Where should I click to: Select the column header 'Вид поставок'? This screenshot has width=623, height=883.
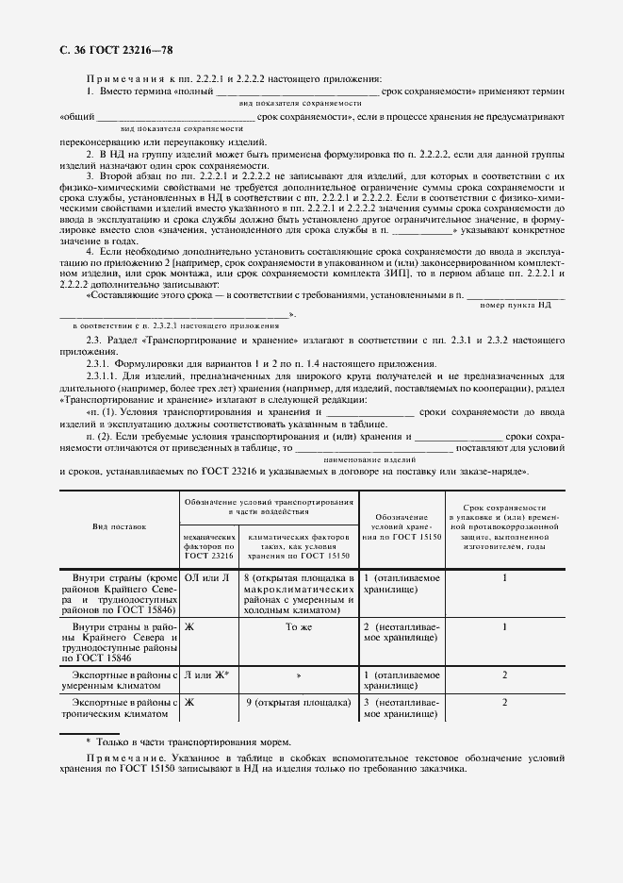pos(119,526)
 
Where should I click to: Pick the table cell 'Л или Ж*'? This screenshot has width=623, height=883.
pos(206,675)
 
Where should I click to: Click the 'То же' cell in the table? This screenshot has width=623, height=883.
pos(297,625)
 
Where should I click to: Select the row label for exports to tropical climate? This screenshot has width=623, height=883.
pos(119,708)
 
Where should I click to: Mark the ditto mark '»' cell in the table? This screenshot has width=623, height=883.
pos(298,675)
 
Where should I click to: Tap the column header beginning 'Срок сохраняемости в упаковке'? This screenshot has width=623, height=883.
pos(505,525)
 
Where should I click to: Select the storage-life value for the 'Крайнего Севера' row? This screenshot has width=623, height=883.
pos(505,625)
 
